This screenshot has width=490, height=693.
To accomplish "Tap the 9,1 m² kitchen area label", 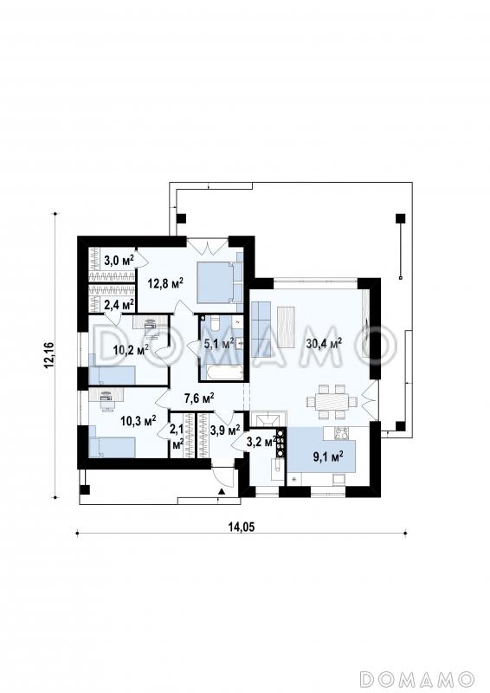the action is (x=329, y=457).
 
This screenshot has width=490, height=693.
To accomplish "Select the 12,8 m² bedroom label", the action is (x=165, y=283).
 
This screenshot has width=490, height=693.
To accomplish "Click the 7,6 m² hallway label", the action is (x=199, y=398).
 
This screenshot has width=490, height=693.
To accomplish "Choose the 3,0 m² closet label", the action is (x=119, y=261).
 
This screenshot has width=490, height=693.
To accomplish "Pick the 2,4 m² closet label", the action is (x=119, y=304).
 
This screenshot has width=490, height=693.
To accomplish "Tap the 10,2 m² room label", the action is (x=131, y=351).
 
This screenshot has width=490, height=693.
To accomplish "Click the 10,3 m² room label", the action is (x=139, y=421).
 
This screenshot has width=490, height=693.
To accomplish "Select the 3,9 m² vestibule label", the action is (x=225, y=429).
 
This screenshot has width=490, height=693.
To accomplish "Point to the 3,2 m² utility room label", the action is (x=262, y=441).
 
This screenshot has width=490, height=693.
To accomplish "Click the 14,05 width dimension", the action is (x=242, y=527).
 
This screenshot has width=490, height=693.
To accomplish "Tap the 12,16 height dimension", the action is (x=48, y=355).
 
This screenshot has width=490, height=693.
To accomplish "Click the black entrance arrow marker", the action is (x=221, y=491).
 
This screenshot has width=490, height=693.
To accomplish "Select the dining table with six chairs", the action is (x=332, y=402).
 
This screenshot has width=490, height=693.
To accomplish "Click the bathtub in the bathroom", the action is (x=222, y=372).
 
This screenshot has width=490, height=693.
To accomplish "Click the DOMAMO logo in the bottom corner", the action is (x=416, y=678).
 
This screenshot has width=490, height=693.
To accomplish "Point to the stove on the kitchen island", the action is (x=340, y=434).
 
